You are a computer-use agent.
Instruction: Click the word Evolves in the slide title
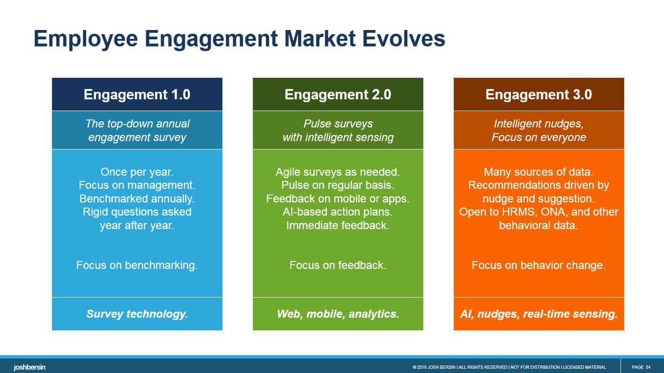(404, 38)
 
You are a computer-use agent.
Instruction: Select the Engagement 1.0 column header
(137, 95)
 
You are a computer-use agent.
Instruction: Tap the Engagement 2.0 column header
(338, 95)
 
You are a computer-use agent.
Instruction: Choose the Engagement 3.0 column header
(539, 95)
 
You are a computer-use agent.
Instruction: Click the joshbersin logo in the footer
(30, 367)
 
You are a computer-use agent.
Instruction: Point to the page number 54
(648, 367)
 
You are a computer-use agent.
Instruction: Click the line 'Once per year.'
(137, 172)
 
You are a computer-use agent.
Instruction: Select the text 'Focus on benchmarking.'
(137, 265)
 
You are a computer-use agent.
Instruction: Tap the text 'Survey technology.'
(137, 314)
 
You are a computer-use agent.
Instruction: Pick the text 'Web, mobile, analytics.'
(338, 314)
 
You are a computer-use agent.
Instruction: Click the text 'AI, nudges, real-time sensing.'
(539, 314)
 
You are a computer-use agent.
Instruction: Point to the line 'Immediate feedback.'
(338, 225)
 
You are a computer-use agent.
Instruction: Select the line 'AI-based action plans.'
(338, 212)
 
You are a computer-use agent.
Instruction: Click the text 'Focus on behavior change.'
(539, 265)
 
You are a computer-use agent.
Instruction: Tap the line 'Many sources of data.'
(539, 172)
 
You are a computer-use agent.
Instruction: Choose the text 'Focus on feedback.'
(338, 265)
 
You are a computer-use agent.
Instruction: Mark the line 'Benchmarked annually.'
(137, 199)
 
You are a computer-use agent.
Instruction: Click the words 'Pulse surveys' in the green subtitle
(338, 124)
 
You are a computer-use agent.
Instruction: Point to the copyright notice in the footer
(509, 367)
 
